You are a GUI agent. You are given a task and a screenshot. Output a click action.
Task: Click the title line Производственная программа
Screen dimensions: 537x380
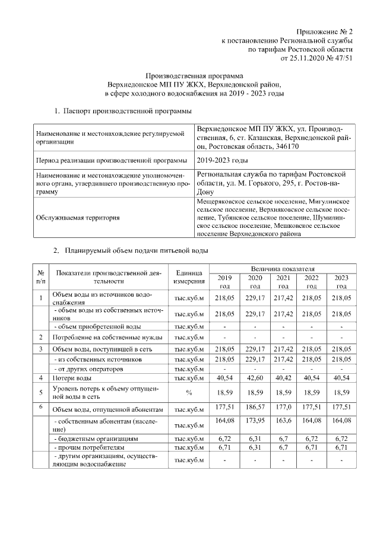click(195, 76)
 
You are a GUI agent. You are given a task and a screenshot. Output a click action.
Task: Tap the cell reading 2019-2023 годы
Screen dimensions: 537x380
click(222, 160)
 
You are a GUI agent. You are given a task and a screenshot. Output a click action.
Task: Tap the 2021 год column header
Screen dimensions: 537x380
click(284, 281)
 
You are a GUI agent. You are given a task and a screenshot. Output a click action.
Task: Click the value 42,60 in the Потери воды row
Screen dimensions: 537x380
click(255, 377)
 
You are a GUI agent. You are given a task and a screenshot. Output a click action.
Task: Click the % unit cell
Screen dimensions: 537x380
click(189, 392)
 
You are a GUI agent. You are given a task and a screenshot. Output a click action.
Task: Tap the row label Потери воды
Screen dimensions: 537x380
click(72, 377)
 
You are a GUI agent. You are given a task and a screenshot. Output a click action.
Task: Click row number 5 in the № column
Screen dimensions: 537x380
click(40, 392)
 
